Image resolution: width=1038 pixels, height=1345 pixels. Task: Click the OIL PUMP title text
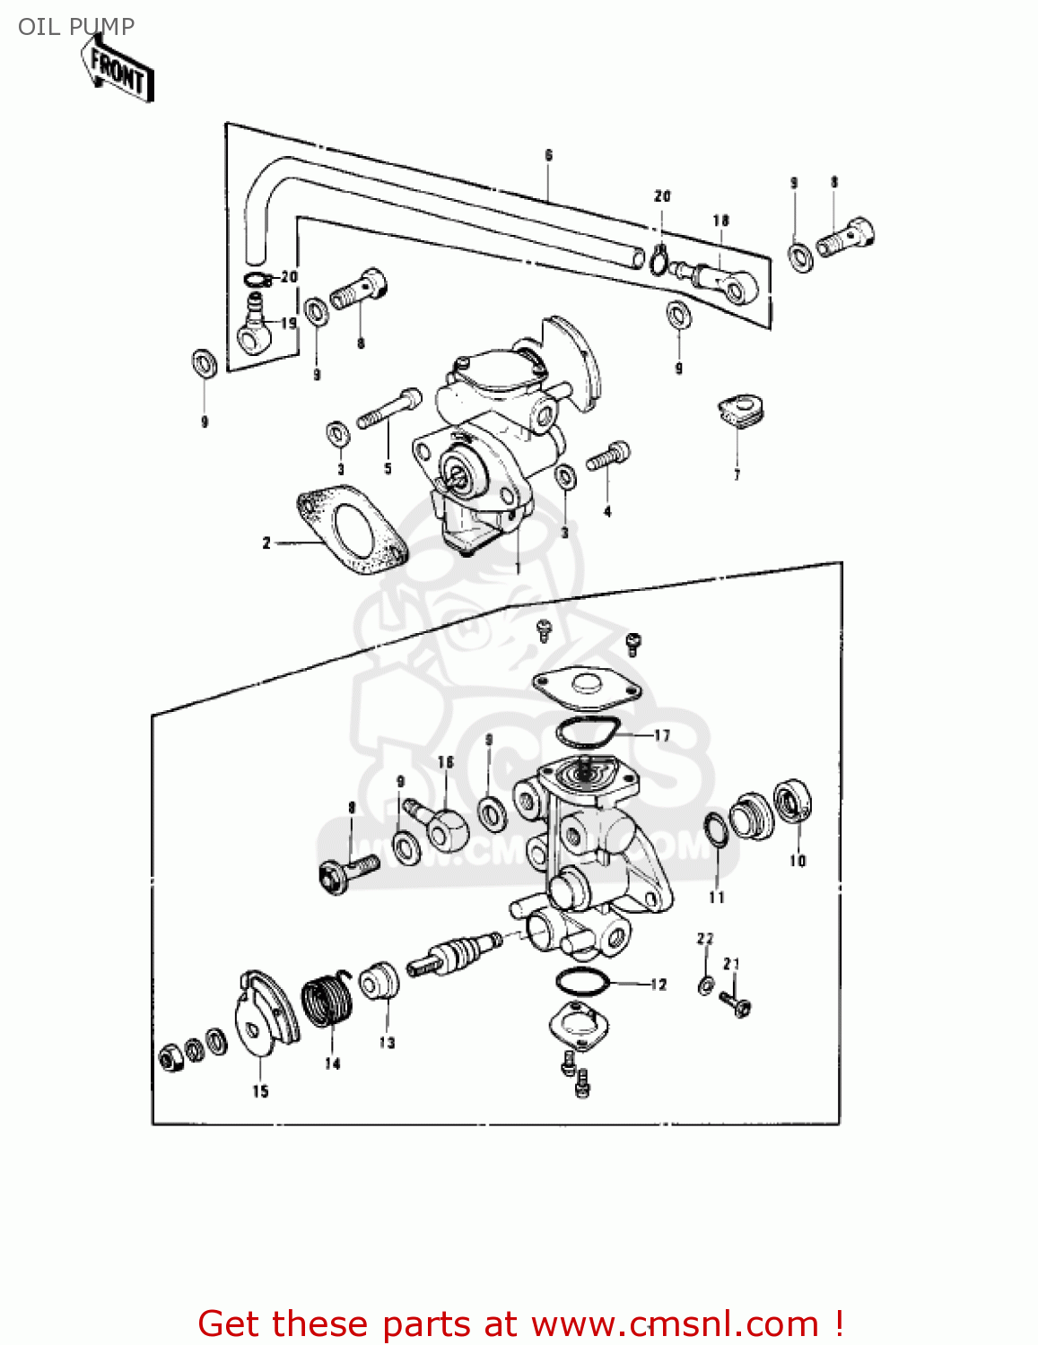point(76,26)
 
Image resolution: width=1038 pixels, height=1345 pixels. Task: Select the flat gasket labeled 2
point(350,530)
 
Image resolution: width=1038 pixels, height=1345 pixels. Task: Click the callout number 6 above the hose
point(548,155)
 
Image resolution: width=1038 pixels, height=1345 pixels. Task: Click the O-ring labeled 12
point(582,983)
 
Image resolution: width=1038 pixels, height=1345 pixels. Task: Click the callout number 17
point(662,735)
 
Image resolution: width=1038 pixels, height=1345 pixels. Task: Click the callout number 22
point(705,939)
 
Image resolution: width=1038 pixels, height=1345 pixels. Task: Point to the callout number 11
point(716,897)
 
